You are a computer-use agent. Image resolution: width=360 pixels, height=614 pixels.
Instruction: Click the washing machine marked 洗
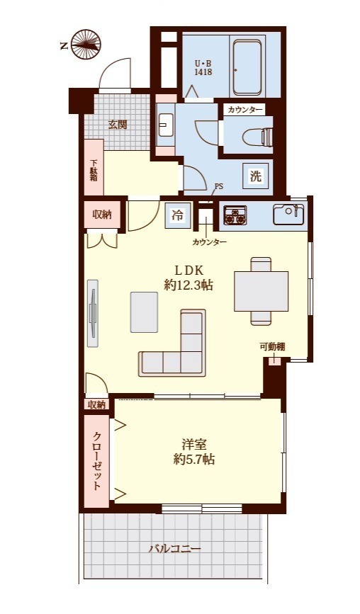click(x=255, y=176)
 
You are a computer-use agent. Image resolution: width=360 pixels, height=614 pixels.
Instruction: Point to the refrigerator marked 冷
click(x=178, y=215)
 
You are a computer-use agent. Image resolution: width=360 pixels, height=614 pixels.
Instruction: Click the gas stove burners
click(x=235, y=215)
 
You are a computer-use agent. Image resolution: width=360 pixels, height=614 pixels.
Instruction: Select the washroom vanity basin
click(x=166, y=125)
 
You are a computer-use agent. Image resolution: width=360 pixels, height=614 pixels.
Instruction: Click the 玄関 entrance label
click(x=118, y=125)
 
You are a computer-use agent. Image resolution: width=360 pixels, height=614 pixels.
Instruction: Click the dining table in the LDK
click(x=261, y=291)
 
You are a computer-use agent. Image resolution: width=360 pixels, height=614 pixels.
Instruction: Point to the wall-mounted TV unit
click(x=94, y=313)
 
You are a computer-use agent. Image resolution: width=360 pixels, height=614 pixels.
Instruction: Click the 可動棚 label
click(x=272, y=346)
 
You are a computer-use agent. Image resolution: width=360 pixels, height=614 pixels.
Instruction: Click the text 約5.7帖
click(x=194, y=459)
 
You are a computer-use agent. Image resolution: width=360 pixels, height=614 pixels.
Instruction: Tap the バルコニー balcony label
click(x=175, y=548)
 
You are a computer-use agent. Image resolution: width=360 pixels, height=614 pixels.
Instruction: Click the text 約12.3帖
click(x=189, y=286)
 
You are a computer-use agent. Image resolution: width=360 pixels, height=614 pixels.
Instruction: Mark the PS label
click(x=218, y=186)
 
